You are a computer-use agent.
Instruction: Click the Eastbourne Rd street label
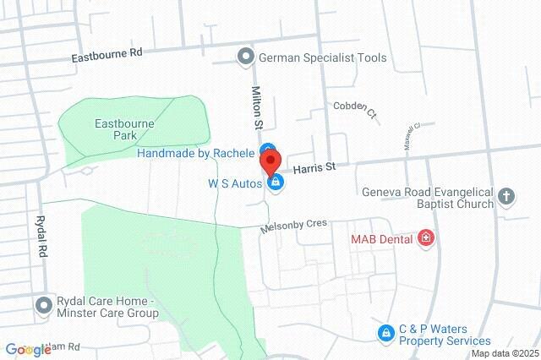click(107, 52)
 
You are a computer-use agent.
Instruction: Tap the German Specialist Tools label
click(322, 57)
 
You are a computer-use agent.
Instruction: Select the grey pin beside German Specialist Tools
click(246, 57)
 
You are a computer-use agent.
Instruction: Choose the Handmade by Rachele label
click(196, 153)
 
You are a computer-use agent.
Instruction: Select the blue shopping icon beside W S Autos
click(275, 181)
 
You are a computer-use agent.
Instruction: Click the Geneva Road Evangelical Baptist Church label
click(427, 198)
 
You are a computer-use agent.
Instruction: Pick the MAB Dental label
click(382, 239)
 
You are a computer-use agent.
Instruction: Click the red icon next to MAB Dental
click(426, 239)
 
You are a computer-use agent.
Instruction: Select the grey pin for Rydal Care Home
click(42, 305)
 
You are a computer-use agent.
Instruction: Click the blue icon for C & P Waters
click(385, 333)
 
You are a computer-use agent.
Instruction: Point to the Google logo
click(28, 350)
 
